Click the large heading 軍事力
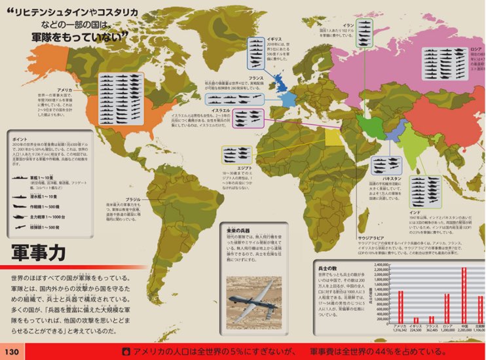pos(39,253)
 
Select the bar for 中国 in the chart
pos(464,295)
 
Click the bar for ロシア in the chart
pos(448,308)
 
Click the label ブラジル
pos(134,199)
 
